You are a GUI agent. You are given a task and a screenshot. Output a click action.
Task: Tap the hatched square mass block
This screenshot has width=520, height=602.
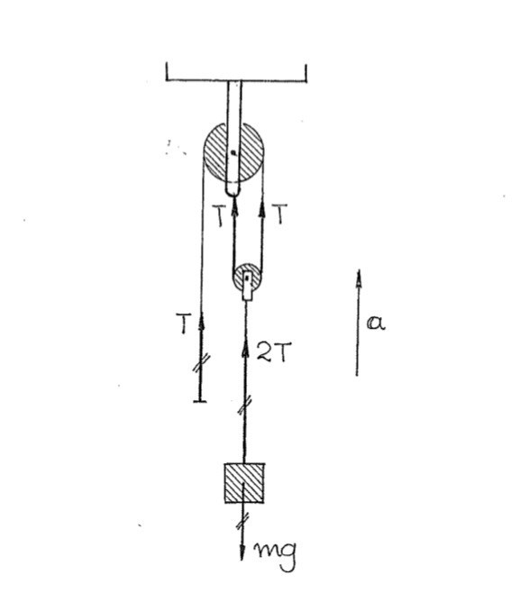tap(244, 483)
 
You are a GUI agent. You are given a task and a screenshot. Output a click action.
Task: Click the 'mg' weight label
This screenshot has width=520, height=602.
tap(276, 556)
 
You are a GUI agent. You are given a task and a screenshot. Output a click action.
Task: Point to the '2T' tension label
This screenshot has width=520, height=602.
tap(274, 351)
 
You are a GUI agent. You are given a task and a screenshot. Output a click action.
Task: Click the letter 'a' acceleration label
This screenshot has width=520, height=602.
tap(376, 324)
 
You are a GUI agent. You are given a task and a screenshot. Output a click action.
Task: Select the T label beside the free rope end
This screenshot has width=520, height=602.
tap(184, 324)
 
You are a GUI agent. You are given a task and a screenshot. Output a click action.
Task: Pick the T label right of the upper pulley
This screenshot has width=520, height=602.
tap(280, 214)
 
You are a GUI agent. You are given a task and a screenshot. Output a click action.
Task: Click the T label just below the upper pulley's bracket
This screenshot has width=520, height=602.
tap(219, 215)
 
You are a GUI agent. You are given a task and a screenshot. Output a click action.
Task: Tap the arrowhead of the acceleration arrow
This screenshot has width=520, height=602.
tap(359, 278)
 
